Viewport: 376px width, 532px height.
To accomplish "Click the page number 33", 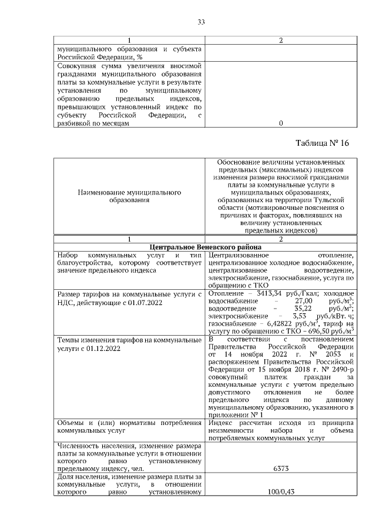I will (x=200, y=22).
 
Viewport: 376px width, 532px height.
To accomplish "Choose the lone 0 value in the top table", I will (x=281, y=123).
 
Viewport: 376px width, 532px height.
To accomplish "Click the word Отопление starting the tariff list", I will (x=225, y=293).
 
